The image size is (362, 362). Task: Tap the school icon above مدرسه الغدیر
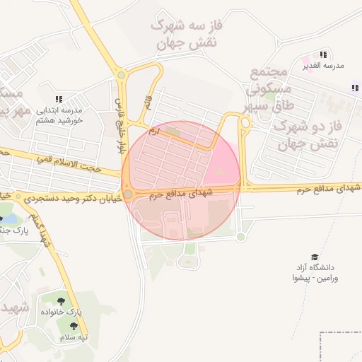(323, 54)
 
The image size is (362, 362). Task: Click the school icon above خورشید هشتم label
(59, 100)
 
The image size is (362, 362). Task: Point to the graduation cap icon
(315, 257)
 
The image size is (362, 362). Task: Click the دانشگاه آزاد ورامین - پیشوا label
(315, 272)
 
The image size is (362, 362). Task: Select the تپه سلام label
(74, 337)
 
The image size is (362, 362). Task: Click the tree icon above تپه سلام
(74, 326)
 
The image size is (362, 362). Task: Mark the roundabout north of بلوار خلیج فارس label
(121, 75)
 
